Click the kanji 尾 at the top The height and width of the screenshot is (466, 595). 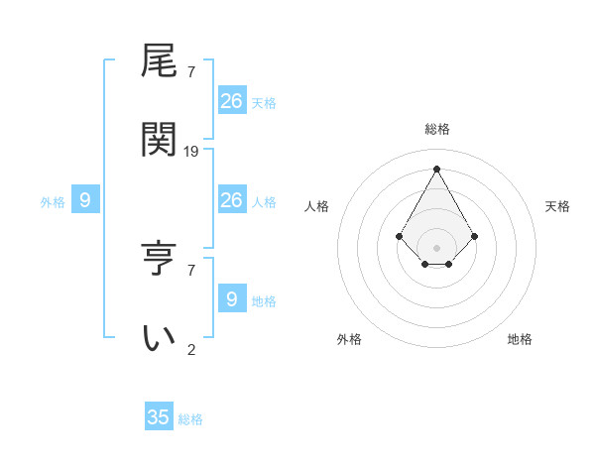pos(160,61)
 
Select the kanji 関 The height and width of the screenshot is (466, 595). pos(160,139)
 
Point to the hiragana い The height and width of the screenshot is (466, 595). pos(160,337)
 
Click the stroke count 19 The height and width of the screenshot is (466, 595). pos(191,151)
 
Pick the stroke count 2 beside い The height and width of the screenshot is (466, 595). pos(191,349)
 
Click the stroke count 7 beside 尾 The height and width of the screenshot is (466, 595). pos(191,71)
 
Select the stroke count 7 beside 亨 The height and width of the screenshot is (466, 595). pos(191,269)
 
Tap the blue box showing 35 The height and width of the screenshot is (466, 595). pos(159,417)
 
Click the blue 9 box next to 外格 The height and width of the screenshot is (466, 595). pos(85,201)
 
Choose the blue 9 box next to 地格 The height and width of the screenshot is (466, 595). pos(231,299)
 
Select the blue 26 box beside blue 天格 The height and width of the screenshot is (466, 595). pos(231,101)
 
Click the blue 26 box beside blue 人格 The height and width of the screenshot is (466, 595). pos(231,200)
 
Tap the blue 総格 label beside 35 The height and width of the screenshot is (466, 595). pos(190,419)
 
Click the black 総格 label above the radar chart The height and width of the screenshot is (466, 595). pos(437,129)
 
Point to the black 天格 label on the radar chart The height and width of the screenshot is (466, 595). pos(557,206)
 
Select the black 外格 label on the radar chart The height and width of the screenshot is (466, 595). pos(349,339)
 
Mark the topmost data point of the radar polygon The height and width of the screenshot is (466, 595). pos(436,168)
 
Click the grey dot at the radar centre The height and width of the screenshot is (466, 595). pos(436,247)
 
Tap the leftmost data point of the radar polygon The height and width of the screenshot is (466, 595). pos(399,236)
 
